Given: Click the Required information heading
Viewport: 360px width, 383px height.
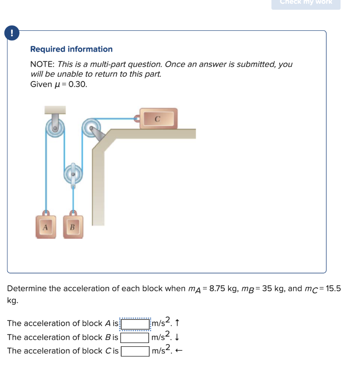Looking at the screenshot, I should tap(71, 49).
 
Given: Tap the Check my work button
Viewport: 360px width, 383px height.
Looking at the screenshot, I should tap(306, 3).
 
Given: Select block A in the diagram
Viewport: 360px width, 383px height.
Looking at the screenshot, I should tap(46, 227).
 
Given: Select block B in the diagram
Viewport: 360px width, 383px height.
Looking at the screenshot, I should tap(73, 227).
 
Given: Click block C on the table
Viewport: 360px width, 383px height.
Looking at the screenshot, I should tap(158, 119).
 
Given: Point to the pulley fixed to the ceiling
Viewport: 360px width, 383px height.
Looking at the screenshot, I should tap(55, 128).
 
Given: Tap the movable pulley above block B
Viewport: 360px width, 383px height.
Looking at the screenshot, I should tap(73, 174).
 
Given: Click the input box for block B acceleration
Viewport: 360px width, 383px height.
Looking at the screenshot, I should tap(135, 337).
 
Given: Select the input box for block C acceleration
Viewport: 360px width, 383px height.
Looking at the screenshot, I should tap(135, 351).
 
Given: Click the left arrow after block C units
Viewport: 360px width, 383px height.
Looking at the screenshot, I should tap(179, 351).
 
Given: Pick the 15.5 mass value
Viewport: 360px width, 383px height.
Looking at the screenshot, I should tap(333, 289).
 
